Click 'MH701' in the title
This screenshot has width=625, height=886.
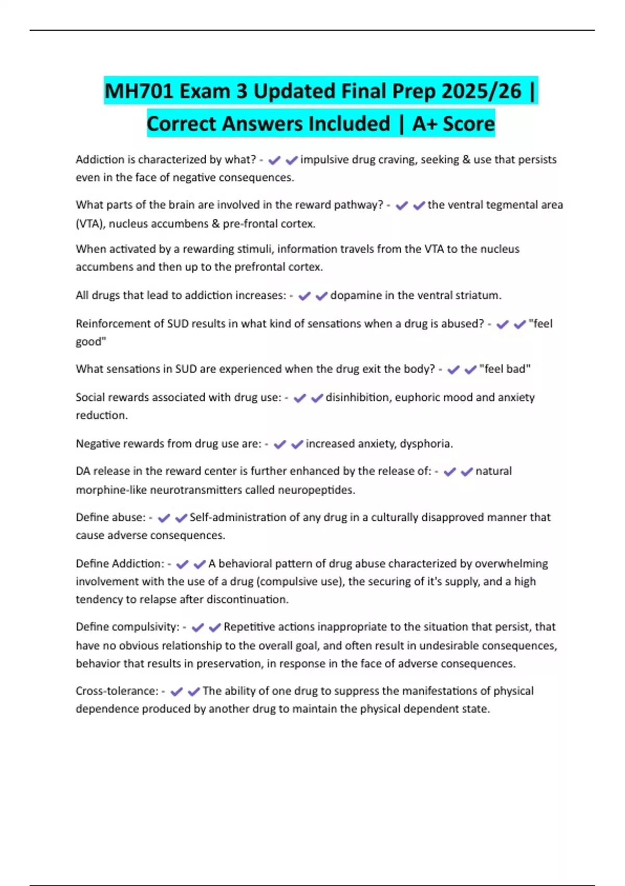[137, 91]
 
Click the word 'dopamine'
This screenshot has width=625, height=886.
[356, 296]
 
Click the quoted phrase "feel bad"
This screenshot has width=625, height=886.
[505, 369]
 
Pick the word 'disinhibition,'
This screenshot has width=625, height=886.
[358, 397]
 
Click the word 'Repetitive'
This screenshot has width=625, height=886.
[249, 627]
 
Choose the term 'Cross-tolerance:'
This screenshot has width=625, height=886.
[117, 691]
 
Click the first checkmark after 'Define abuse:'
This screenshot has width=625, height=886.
[164, 518]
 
